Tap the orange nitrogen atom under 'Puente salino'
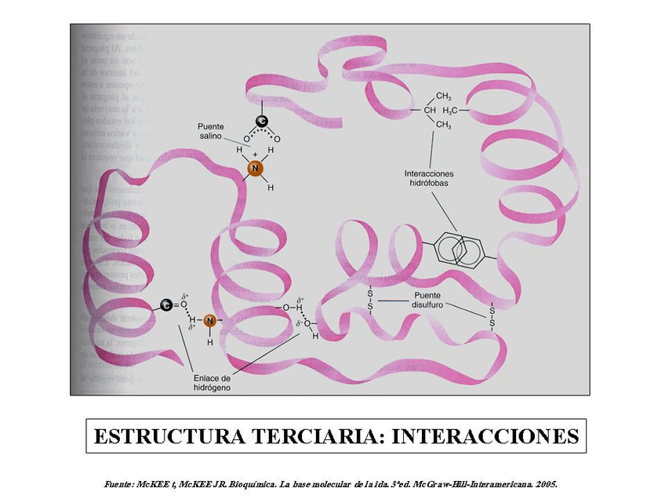pyautogui.click(x=254, y=168)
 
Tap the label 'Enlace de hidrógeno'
pyautogui.click(x=213, y=382)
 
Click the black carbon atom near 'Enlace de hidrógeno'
pyautogui.click(x=166, y=305)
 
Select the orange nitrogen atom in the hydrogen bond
pyautogui.click(x=209, y=320)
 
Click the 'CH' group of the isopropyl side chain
pyautogui.click(x=430, y=110)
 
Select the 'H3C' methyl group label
pyautogui.click(x=459, y=110)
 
